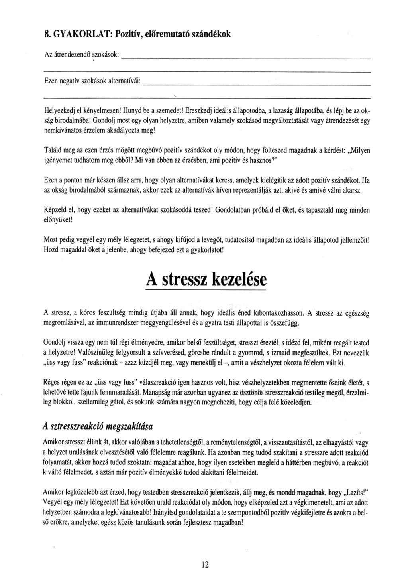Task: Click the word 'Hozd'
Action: [x=51, y=250]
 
